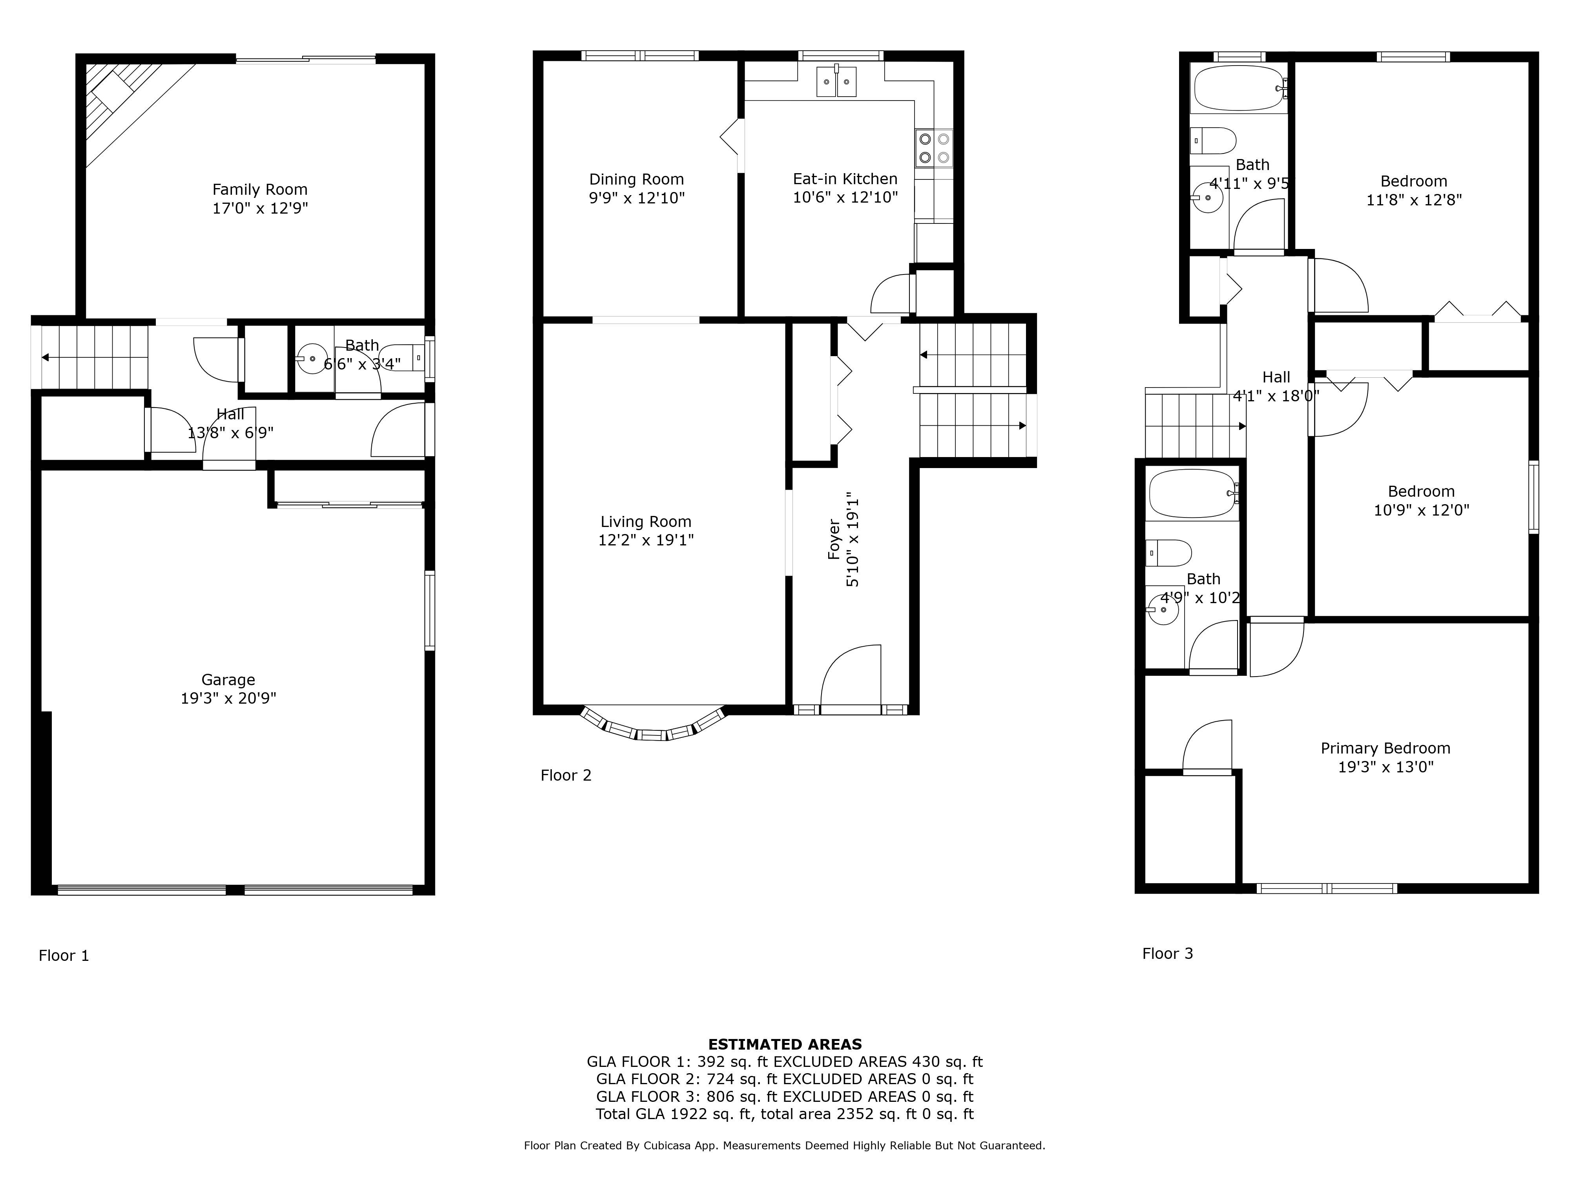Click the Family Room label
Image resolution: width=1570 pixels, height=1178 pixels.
pyautogui.click(x=260, y=190)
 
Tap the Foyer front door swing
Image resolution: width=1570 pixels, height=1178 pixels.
pyautogui.click(x=850, y=675)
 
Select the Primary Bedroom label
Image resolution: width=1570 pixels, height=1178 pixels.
pyautogui.click(x=1386, y=748)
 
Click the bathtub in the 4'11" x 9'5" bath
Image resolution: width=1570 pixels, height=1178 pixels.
pyautogui.click(x=1239, y=88)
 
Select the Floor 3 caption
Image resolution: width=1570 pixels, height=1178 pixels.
pyautogui.click(x=1168, y=954)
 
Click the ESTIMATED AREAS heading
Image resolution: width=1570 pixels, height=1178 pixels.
pyautogui.click(x=785, y=1044)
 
